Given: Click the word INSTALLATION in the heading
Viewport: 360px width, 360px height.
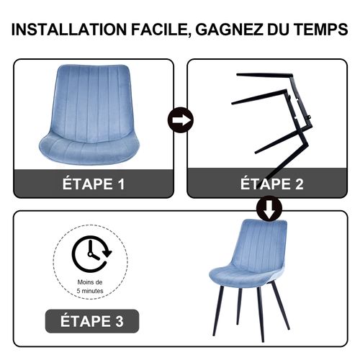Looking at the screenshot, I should (x=68, y=30).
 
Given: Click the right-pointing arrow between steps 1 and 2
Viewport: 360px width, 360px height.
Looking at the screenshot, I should (x=179, y=119).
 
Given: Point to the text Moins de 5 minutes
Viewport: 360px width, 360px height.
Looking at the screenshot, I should (x=91, y=287).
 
